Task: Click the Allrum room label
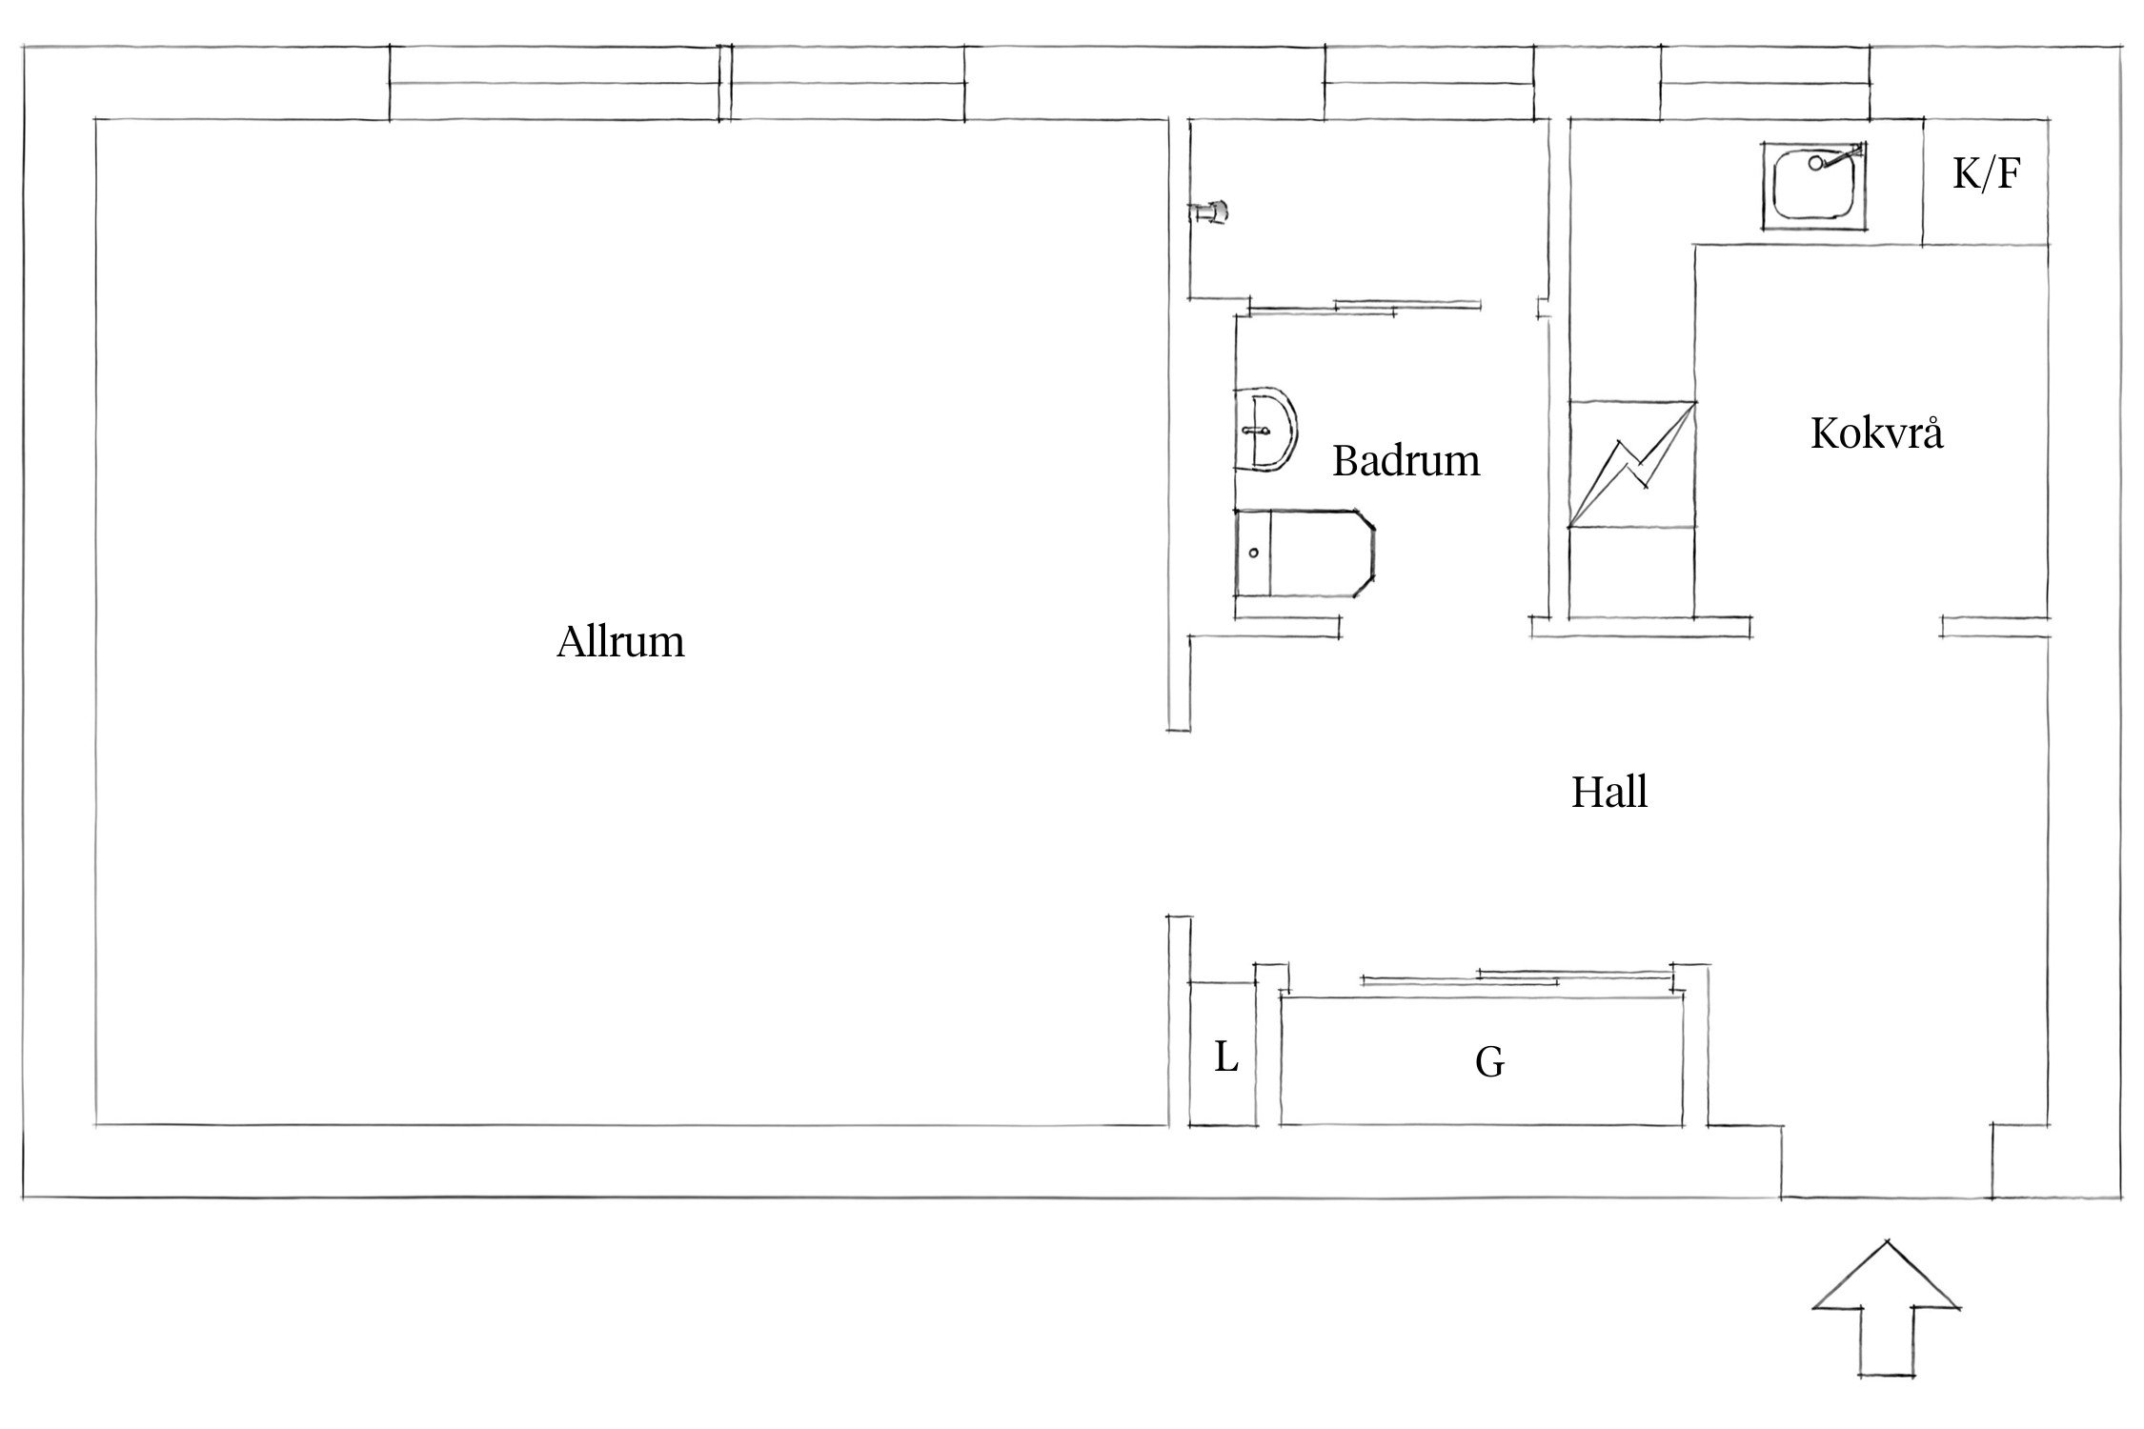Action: click(x=620, y=642)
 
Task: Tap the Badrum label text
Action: click(x=1406, y=461)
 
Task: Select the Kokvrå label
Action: click(x=1876, y=433)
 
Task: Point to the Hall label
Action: click(x=1609, y=793)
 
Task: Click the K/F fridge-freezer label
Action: click(x=1987, y=174)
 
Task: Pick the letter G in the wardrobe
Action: click(x=1489, y=1062)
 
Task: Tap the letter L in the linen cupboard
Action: click(x=1225, y=1057)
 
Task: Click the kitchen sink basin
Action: click(x=1814, y=187)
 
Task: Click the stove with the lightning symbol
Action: click(x=1631, y=464)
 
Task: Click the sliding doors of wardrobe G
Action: click(x=1517, y=976)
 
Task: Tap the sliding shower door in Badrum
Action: click(x=1365, y=306)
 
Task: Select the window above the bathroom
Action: click(x=1429, y=83)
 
